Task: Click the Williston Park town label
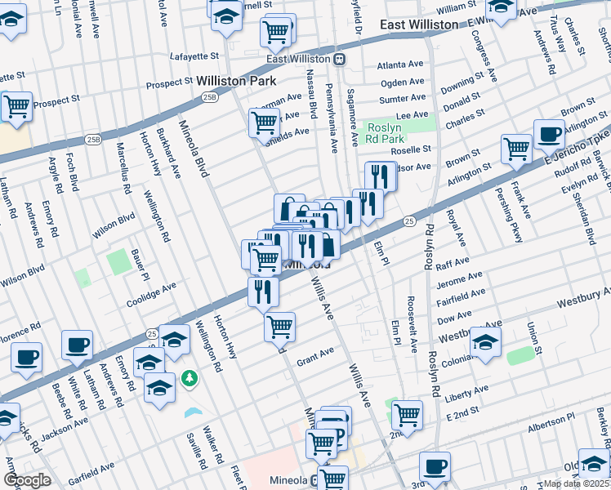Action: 236,82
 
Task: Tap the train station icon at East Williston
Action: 339,59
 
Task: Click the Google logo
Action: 27,480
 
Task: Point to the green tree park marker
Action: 190,377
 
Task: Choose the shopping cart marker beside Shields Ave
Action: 264,122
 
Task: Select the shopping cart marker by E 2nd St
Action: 406,413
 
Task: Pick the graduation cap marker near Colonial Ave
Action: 485,341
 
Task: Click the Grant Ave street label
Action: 315,356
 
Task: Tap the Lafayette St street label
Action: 194,56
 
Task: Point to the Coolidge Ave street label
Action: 151,294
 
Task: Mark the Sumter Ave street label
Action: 403,98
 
